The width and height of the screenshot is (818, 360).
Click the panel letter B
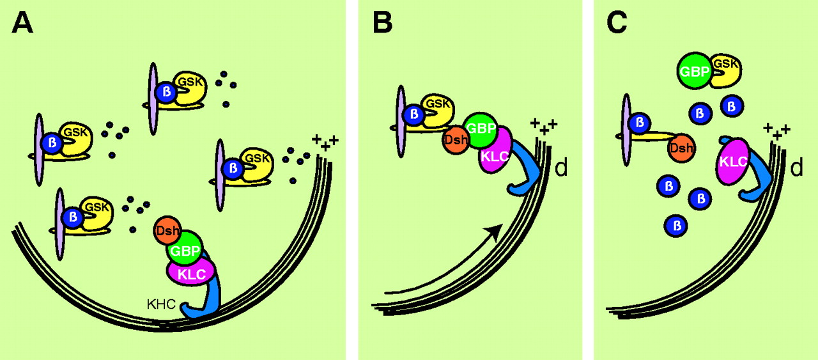[x=382, y=24]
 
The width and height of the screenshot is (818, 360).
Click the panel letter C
[x=617, y=24]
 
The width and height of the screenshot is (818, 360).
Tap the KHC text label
[x=160, y=305]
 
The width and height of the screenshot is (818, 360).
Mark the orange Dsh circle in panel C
[x=682, y=148]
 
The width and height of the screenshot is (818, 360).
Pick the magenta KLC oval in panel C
[x=732, y=160]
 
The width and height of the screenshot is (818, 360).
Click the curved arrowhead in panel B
[x=492, y=232]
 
